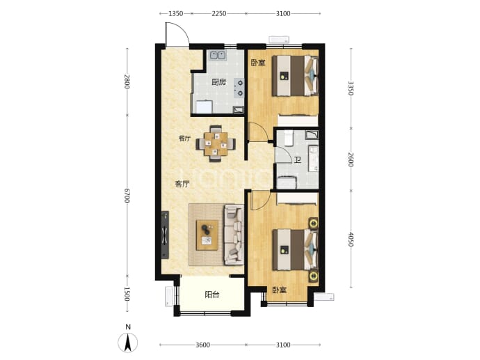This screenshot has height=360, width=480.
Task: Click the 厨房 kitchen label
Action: pyautogui.click(x=219, y=82)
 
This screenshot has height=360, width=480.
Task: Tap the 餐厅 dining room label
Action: pyautogui.click(x=184, y=139)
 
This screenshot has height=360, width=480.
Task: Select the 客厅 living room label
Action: pyautogui.click(x=182, y=184)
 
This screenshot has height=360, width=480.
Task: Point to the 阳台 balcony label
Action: pyautogui.click(x=212, y=295)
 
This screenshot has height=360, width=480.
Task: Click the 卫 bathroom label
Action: pyautogui.click(x=297, y=160)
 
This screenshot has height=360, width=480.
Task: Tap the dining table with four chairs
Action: pyautogui.click(x=216, y=143)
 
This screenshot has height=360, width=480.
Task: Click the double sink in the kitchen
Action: pyautogui.click(x=217, y=56)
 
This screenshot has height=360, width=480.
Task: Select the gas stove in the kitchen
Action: pyautogui.click(x=239, y=88)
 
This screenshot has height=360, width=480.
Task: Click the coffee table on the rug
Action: pyautogui.click(x=207, y=235)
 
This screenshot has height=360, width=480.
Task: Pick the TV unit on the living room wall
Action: pyautogui.click(x=165, y=235)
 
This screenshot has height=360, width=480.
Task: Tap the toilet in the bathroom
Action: pyautogui.click(x=289, y=138)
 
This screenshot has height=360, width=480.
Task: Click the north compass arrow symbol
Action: pyautogui.click(x=128, y=342)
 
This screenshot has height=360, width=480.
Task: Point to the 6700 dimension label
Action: pyautogui.click(x=127, y=196)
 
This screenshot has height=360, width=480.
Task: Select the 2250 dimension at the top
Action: pyautogui.click(x=219, y=13)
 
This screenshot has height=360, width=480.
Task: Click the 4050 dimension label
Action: pyautogui.click(x=351, y=240)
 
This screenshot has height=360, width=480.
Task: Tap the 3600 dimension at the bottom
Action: pyautogui.click(x=202, y=345)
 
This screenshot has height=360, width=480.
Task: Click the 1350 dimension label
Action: pyautogui.click(x=176, y=13)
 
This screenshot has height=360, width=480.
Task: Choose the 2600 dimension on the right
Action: pyautogui.click(x=351, y=159)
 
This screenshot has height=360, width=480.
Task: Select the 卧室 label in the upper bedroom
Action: pyautogui.click(x=258, y=63)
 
